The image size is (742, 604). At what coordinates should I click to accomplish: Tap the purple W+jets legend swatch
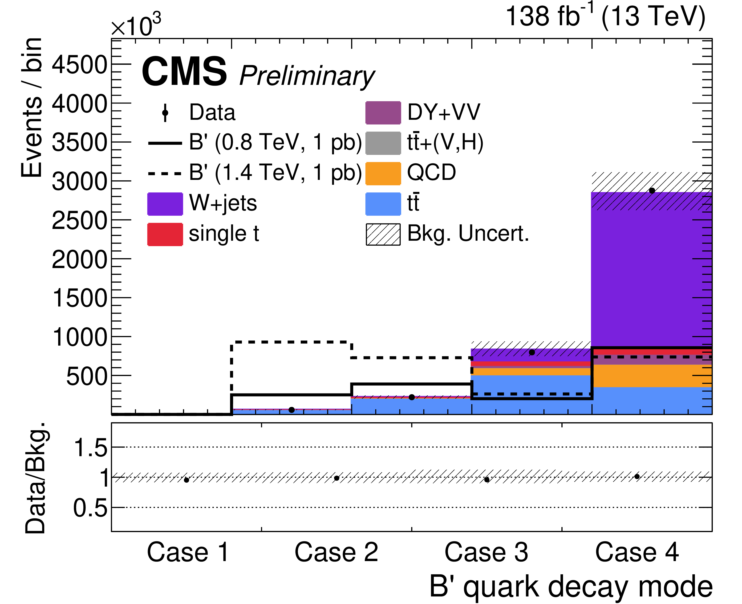[x=165, y=204]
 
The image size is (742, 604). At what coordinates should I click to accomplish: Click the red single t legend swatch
[x=165, y=234]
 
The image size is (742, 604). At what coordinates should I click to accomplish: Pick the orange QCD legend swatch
[x=383, y=173]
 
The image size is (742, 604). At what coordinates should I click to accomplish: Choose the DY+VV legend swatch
[x=383, y=113]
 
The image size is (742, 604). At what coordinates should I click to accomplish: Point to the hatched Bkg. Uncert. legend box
[x=383, y=234]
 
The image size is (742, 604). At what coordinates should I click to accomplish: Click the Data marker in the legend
[x=165, y=113]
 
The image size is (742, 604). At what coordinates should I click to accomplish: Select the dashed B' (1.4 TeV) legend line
[x=165, y=173]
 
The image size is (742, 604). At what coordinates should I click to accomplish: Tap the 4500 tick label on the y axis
[x=80, y=65]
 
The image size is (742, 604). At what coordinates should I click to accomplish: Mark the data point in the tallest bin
[x=652, y=191]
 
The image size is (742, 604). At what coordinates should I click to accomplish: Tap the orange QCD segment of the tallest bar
[x=652, y=376]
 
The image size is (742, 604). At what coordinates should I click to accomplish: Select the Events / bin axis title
[x=32, y=108]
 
